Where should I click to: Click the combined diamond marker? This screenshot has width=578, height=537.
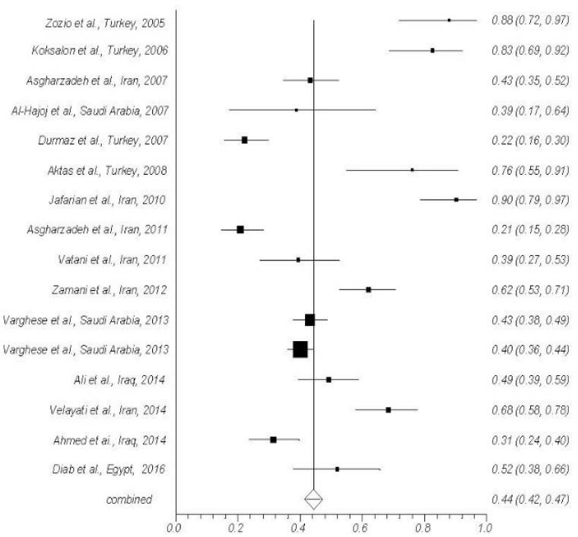[x=314, y=499]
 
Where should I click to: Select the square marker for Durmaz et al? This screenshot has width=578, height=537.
[x=245, y=141]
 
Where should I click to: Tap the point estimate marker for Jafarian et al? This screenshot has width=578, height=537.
[x=456, y=200]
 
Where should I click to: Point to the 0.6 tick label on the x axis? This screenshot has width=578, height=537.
[x=360, y=526]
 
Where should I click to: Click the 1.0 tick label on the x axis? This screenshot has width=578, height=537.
[x=484, y=526]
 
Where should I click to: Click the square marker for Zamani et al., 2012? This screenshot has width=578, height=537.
[x=369, y=289]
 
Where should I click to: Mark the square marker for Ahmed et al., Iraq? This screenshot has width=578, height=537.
[x=273, y=440]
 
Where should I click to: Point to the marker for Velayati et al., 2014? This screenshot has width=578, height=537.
[x=389, y=409]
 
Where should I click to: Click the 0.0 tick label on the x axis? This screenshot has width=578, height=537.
[x=176, y=526]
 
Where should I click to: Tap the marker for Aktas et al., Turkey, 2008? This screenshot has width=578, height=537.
[x=412, y=170]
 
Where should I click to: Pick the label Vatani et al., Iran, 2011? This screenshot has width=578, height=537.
[x=115, y=261]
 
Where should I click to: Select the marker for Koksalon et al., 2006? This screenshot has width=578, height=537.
[x=433, y=51]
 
